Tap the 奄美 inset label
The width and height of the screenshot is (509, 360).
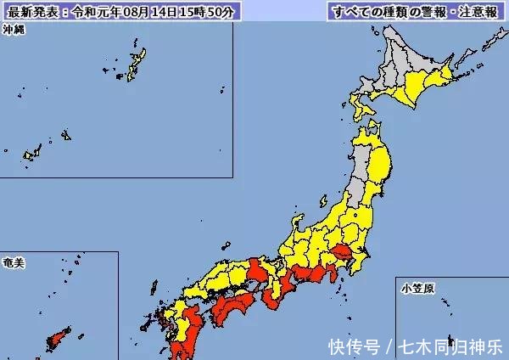point(14,263)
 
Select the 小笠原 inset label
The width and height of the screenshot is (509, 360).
point(418,290)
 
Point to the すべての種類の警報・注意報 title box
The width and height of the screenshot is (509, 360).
point(413,13)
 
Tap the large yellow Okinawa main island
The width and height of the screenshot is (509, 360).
point(135,65)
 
